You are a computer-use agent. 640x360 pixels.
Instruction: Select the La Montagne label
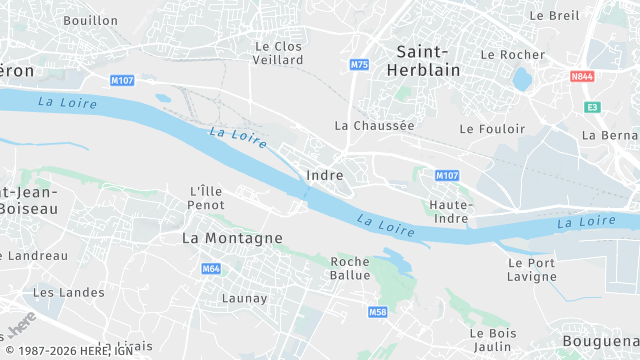232,238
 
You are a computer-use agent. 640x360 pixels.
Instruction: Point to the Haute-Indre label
450,212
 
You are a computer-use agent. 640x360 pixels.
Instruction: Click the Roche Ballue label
350,268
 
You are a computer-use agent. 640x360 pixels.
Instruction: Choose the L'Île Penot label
206,197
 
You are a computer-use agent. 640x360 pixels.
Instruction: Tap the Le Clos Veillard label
279,53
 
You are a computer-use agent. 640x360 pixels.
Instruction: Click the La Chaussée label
374,126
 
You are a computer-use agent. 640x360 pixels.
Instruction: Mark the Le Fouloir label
492,129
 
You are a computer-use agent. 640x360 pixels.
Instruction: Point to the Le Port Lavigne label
532,269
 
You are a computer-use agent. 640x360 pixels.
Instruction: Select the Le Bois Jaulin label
492,339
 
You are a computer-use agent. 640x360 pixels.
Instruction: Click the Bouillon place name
90,20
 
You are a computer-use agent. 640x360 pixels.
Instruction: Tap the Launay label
244,298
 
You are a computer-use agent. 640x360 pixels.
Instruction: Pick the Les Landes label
55,293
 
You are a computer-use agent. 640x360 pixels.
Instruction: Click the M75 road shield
360,65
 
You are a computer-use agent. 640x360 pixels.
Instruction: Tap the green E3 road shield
593,106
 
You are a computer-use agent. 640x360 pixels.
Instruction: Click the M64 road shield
211,269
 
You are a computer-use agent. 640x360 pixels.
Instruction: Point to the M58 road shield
377,312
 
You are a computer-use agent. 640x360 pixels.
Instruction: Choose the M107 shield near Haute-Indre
446,175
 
